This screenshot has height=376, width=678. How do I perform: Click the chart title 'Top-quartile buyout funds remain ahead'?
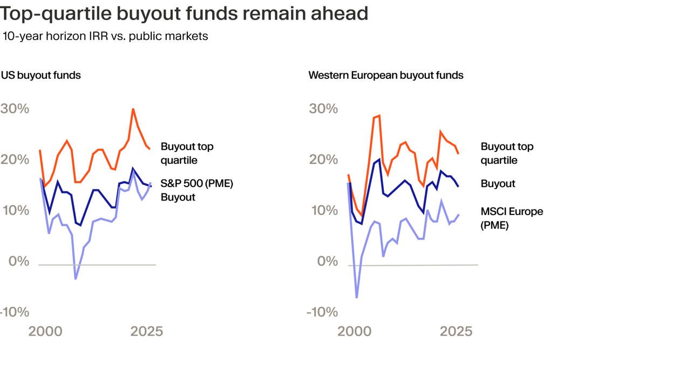tap(184, 13)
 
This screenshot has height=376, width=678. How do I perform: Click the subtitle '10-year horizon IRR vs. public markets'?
tap(105, 37)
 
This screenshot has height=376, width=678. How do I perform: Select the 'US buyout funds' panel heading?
tap(41, 75)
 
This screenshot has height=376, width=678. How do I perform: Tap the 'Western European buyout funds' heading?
tap(385, 75)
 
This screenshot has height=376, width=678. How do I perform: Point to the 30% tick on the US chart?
tap(15, 109)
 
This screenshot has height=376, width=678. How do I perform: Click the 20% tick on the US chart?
tap(15, 159)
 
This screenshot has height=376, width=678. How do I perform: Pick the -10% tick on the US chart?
tap(15, 312)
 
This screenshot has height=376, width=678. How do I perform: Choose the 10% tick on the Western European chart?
tap(323, 210)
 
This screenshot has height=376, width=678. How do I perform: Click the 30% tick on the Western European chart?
tap(323, 109)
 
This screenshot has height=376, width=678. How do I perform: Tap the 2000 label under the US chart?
tap(45, 331)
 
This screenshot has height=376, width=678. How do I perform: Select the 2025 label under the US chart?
tap(146, 331)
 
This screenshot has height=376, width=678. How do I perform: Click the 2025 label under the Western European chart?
tap(456, 331)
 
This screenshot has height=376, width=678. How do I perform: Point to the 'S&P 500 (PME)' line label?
tap(197, 184)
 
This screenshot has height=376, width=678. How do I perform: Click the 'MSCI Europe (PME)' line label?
tap(512, 218)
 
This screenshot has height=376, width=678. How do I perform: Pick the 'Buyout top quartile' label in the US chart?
tap(187, 153)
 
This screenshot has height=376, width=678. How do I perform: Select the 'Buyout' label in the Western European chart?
tap(498, 184)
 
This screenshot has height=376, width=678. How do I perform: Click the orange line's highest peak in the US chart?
tap(133, 109)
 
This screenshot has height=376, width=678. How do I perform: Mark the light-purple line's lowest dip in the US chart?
tap(76, 279)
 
